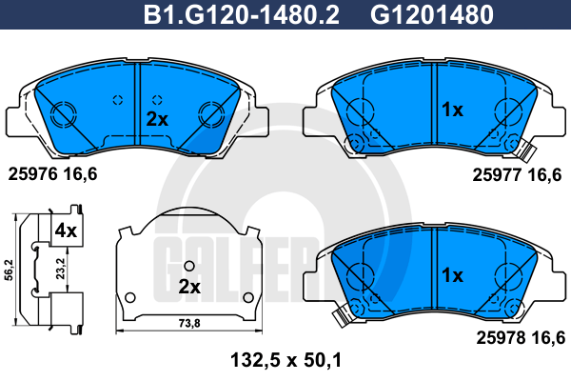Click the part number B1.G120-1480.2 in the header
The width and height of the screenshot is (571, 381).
[x=242, y=14]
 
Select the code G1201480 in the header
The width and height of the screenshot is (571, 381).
[x=432, y=14]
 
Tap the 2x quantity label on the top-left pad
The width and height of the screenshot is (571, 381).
[x=157, y=119]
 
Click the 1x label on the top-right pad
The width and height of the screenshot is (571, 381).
[x=452, y=109]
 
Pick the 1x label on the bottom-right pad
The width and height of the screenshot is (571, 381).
[x=452, y=275]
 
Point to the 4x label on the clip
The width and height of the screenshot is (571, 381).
[x=66, y=231]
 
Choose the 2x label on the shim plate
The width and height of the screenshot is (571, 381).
[x=189, y=287]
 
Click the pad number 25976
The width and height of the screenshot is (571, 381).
[x=32, y=174]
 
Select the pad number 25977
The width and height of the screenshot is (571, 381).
[x=497, y=175]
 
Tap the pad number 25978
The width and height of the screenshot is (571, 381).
[x=502, y=337]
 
